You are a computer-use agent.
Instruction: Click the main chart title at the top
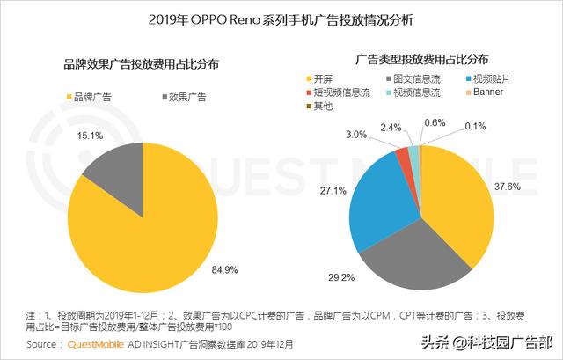(x=281, y=18)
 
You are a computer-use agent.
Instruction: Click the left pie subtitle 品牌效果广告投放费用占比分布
(x=141, y=65)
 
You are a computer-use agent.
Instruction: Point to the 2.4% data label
(x=391, y=127)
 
